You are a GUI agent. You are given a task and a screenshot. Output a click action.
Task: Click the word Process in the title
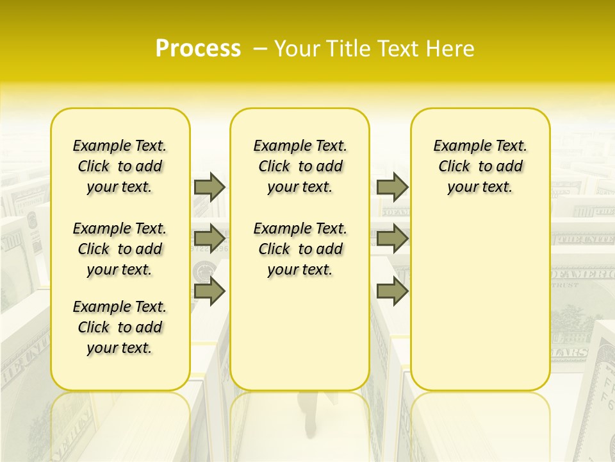tap(198, 49)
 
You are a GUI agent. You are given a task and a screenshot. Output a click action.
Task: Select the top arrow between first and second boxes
tap(209, 187)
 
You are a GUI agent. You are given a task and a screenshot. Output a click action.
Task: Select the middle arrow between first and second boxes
tap(209, 239)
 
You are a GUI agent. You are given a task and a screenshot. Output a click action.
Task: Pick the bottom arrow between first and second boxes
tap(209, 291)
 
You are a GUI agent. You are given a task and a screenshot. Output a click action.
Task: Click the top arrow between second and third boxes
tap(392, 187)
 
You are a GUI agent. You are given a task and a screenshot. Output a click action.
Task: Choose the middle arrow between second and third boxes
tap(392, 239)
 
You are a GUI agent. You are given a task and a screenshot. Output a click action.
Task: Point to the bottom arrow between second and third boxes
tap(392, 291)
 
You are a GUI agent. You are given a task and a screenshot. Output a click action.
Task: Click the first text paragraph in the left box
tap(120, 166)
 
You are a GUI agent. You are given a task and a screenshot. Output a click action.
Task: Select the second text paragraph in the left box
tap(120, 249)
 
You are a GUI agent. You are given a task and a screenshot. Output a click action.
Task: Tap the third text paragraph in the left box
tap(120, 327)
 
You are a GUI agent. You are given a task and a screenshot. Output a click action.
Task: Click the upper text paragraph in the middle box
tap(300, 166)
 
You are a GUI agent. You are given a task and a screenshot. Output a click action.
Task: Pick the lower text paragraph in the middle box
tap(300, 249)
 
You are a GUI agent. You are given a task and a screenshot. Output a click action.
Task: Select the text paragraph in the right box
tap(480, 166)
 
